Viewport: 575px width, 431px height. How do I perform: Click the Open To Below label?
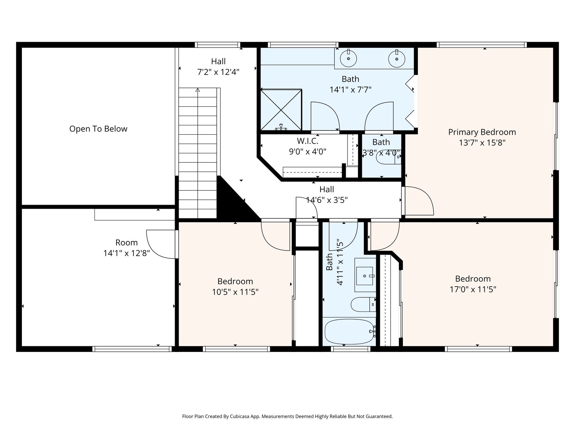[x=98, y=129]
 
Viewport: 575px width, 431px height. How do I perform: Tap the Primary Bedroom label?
[x=482, y=132]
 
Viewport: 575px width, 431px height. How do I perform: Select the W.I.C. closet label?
[x=308, y=141]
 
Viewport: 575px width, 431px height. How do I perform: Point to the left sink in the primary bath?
[x=348, y=59]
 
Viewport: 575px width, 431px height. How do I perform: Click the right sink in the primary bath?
[x=397, y=59]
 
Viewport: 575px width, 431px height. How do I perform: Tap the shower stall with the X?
[x=281, y=110]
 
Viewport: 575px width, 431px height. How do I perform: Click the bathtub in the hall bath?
[x=349, y=332]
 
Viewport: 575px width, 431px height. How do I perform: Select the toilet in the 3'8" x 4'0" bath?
[x=388, y=157]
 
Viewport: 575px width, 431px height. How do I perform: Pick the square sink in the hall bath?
[x=365, y=276]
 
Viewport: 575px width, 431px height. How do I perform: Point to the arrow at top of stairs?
[x=198, y=90]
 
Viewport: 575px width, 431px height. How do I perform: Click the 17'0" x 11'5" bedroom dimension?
[x=473, y=289]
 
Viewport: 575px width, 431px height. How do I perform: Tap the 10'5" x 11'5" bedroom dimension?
[x=235, y=292]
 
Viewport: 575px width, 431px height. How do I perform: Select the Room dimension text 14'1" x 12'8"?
[x=126, y=253]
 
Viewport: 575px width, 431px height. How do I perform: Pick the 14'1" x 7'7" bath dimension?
[x=350, y=90]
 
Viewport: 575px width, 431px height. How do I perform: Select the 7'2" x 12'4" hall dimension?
[x=218, y=72]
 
